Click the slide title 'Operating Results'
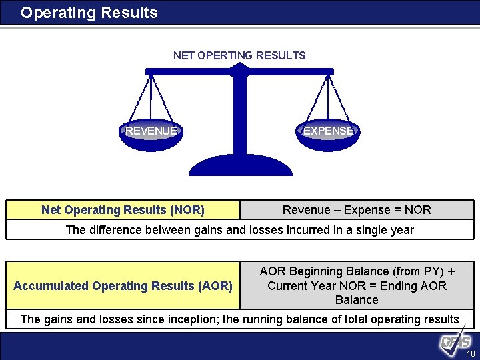click(x=89, y=13)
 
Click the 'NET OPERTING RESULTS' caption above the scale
click(x=239, y=55)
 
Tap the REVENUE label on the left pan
click(x=151, y=131)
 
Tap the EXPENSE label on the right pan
click(x=327, y=131)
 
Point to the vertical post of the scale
click(x=240, y=113)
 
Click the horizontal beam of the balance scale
click(x=240, y=71)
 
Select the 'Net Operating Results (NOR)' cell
click(x=123, y=210)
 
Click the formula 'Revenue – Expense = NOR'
click(x=357, y=210)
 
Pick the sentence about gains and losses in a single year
click(x=239, y=230)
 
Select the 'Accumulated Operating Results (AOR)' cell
click(x=123, y=286)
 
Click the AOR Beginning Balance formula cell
click(x=357, y=285)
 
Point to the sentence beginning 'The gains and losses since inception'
click(x=239, y=319)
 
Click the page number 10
click(x=471, y=354)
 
